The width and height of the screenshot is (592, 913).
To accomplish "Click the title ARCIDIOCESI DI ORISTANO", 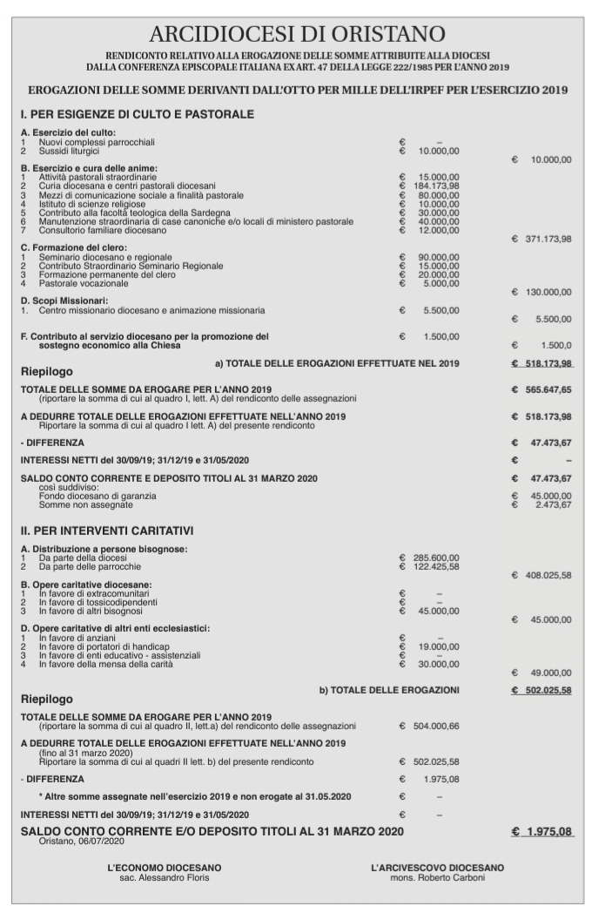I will click(297, 34).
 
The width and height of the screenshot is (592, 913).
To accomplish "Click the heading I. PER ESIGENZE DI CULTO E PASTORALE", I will click(137, 114).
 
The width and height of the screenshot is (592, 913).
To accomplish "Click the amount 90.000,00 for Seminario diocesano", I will click(438, 257).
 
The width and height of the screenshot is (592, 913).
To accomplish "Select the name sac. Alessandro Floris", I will click(164, 878).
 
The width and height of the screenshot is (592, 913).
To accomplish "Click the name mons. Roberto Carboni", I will click(436, 878).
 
